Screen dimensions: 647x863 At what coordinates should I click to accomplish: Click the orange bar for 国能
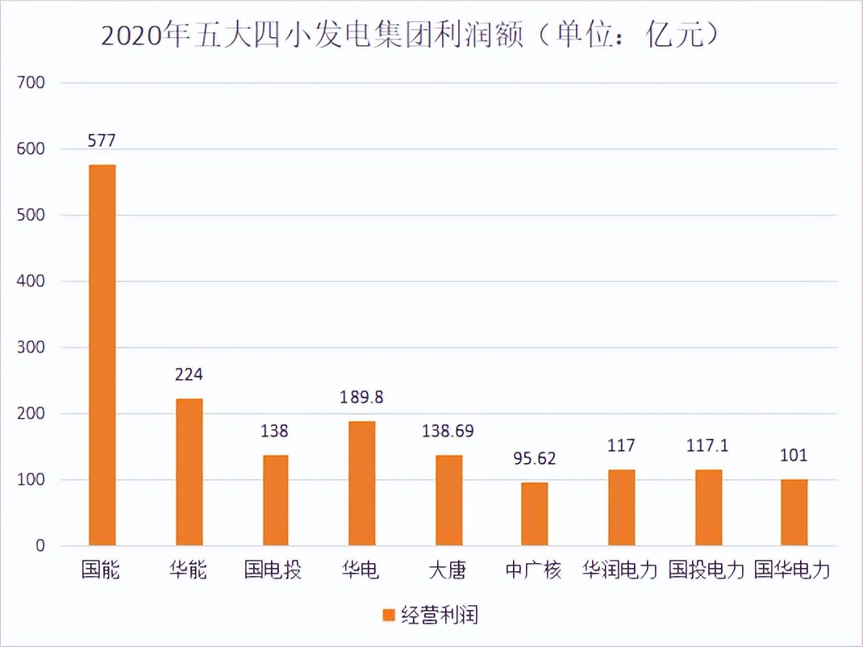click(102, 355)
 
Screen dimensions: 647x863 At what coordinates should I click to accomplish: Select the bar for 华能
click(189, 472)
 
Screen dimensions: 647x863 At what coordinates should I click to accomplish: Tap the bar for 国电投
click(275, 500)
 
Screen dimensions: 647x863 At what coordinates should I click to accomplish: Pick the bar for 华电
click(361, 483)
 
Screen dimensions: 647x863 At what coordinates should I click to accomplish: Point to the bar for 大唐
click(448, 500)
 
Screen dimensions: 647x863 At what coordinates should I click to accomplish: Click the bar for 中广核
click(534, 514)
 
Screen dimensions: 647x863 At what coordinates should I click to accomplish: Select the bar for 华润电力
click(621, 507)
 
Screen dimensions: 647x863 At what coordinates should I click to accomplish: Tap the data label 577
click(102, 141)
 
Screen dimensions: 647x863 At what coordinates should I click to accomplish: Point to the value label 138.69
click(448, 432)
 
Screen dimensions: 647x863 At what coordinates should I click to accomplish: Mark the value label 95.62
click(534, 459)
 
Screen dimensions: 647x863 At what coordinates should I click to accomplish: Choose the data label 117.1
click(707, 445)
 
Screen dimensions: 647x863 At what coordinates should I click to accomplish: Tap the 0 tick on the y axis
click(40, 546)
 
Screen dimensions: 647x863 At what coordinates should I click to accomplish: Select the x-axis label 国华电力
click(792, 571)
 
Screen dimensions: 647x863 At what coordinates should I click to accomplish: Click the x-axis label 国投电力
click(707, 571)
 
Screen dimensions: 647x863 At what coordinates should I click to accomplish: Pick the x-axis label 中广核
click(533, 571)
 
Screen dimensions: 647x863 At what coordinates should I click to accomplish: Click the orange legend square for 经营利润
click(389, 616)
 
